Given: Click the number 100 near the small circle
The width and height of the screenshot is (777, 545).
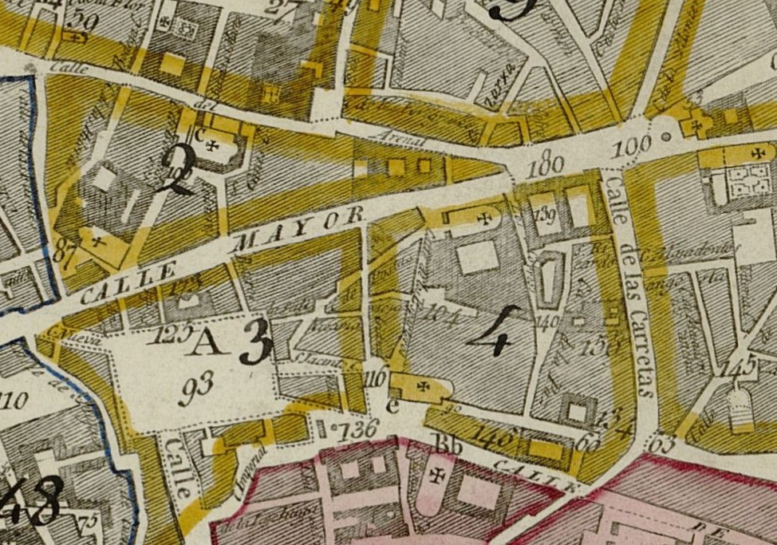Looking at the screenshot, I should point(633,145).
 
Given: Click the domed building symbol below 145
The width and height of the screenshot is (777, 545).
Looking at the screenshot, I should point(741,407).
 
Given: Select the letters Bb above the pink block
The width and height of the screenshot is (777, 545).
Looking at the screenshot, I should point(448,445).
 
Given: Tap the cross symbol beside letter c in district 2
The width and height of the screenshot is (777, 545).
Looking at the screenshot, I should point(213,144).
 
